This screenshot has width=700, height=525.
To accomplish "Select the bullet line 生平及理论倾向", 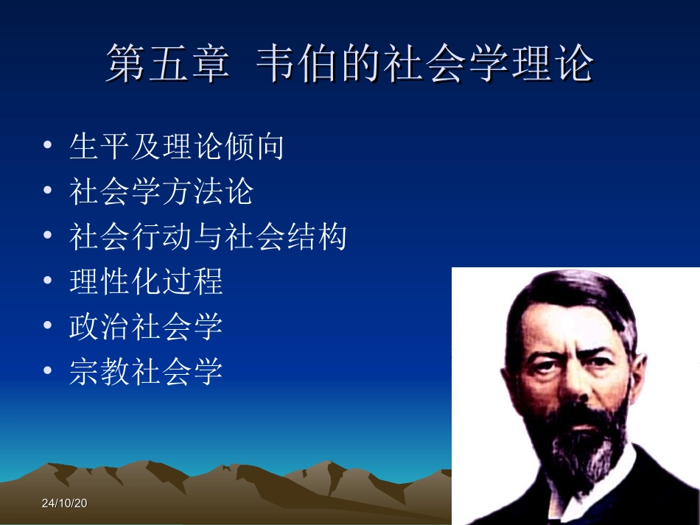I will point(177,147).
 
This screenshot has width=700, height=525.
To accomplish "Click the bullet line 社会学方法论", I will point(161,191).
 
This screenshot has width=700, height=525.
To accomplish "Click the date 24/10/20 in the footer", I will point(64,504).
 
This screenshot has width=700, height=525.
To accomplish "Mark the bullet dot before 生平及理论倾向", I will point(48,146).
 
